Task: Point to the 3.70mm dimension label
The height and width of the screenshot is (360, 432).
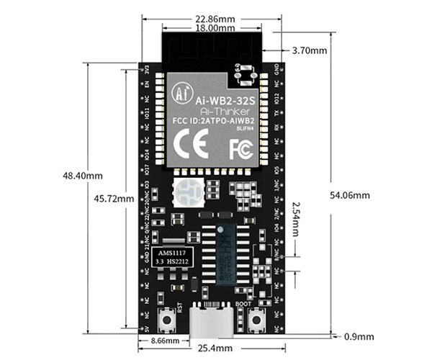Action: [x=310, y=51]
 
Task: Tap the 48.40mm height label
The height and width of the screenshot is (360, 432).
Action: [x=83, y=176]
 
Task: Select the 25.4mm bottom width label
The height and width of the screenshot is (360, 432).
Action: [x=215, y=348]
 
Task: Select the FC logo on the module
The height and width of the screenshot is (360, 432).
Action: [x=240, y=148]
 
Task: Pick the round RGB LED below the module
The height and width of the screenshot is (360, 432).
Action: [x=186, y=192]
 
